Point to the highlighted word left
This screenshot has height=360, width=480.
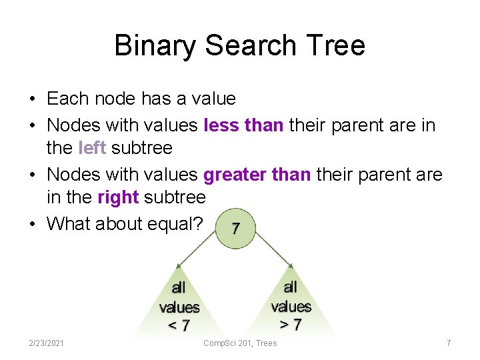pos(92,147)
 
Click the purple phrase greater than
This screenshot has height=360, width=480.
pos(257,175)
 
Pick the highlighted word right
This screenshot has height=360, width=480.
pos(118,197)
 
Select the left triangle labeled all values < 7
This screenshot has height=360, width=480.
pos(179,307)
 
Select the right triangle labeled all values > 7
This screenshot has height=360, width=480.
pos(291,306)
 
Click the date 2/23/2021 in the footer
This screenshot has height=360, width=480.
pos(47,343)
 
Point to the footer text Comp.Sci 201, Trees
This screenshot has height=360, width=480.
pos(240,343)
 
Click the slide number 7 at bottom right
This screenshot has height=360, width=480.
pos(449,343)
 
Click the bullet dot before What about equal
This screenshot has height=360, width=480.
pos(31,224)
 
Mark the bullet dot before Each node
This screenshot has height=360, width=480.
pos(31,99)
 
